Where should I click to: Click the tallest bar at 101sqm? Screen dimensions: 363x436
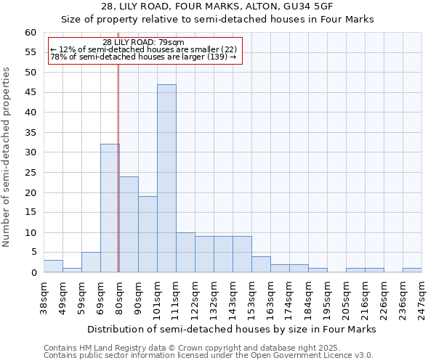coord(166,179)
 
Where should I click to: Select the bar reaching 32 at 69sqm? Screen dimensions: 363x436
coord(110,208)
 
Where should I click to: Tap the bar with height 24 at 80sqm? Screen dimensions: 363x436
coord(129,224)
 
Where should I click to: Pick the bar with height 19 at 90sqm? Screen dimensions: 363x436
coord(148,234)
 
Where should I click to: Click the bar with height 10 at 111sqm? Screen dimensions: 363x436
coord(185,253)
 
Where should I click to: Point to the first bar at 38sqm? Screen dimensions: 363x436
coord(53,266)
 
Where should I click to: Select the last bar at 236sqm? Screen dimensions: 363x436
coord(412,270)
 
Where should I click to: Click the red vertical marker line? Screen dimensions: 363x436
coord(118,167)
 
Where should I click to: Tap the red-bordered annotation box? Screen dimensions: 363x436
coord(144,51)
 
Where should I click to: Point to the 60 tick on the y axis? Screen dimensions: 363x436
coord(31,33)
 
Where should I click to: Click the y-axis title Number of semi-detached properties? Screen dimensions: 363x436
coord(7,157)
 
